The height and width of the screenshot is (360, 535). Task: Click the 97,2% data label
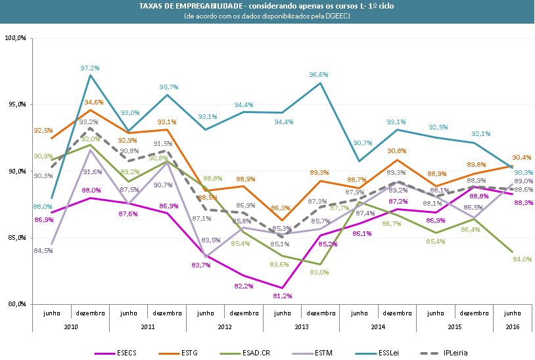pos(90,68)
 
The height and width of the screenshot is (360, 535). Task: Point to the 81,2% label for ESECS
pos(282,296)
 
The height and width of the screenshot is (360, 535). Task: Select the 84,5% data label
pos(43,250)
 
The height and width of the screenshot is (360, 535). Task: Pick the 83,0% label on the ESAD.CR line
pos(319,272)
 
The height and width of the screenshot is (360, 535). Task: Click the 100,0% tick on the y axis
pos(15,38)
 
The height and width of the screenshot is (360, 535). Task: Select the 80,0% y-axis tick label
pos(16,304)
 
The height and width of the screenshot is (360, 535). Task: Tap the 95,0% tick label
pos(16,104)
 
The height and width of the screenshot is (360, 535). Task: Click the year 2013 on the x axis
pos(301,326)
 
